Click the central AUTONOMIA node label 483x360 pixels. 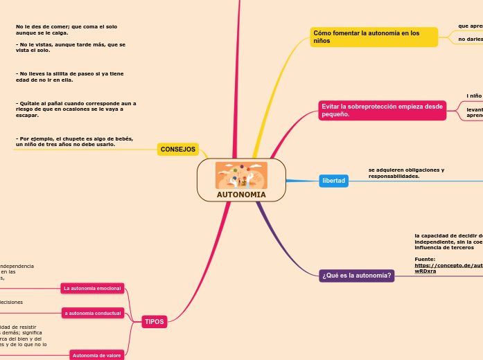pos(241,195)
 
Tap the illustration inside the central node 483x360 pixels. pos(241,175)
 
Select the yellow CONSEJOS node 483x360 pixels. pos(178,150)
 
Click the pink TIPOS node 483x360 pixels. pos(155,322)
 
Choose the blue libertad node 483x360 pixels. pos(333,181)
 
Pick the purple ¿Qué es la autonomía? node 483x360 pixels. pos(356,276)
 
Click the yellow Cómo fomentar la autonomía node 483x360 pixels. pos(374,37)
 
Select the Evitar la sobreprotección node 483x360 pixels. pos(382,110)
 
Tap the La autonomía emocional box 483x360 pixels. pos(92,288)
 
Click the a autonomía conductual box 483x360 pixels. pos(93,313)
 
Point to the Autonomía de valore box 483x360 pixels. pos(96,355)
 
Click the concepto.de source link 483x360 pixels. pos(447,268)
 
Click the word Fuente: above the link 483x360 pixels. pos(425,259)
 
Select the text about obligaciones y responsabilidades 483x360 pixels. pos(406,173)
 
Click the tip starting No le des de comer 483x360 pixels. pos(67,29)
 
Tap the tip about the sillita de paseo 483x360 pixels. pos(70,76)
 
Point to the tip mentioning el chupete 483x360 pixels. pos(74,141)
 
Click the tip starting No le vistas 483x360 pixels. pos(70,47)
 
